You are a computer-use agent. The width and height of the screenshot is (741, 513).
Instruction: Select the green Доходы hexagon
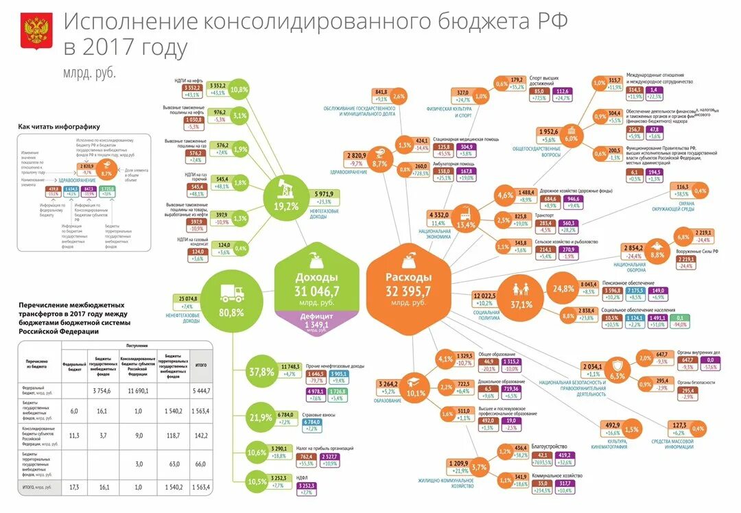tap(316, 281)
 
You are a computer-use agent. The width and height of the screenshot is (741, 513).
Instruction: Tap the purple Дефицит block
tap(316, 321)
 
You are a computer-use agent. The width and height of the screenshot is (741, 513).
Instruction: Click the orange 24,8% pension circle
tap(563, 288)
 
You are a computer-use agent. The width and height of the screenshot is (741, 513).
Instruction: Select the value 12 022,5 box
tap(484, 295)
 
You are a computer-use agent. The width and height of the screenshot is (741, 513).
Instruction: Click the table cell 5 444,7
tap(202, 390)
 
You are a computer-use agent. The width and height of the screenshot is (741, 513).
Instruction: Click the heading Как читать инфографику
tap(59, 127)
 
